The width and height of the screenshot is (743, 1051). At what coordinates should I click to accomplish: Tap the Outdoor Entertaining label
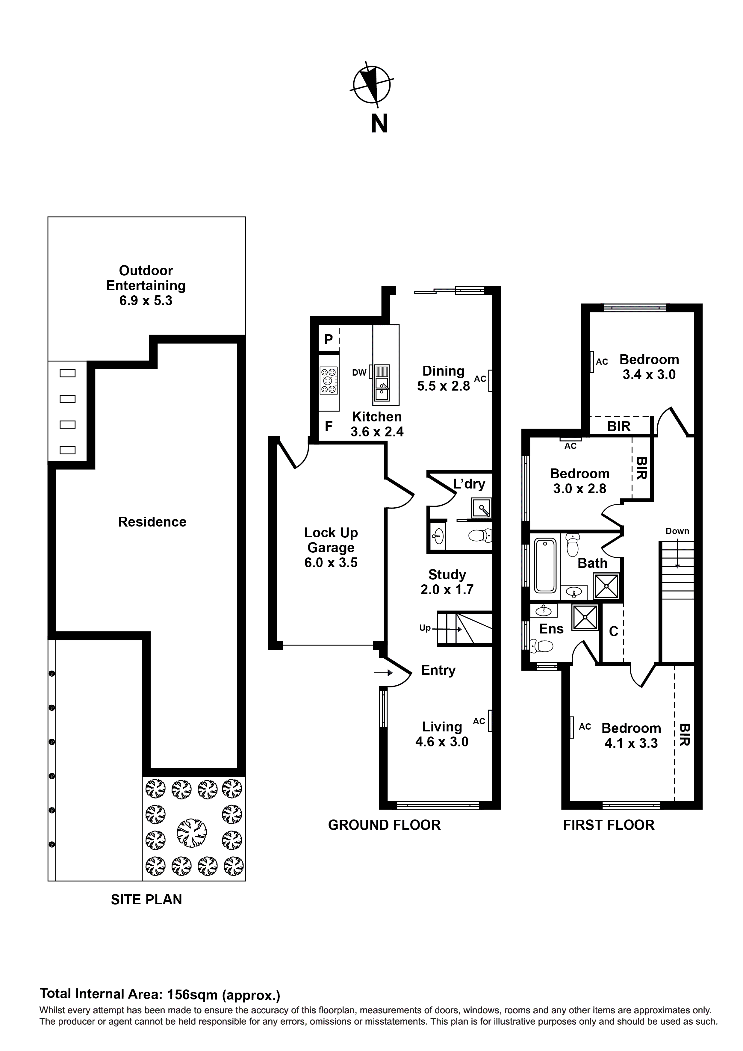146,285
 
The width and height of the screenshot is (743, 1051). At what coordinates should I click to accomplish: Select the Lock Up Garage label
331,548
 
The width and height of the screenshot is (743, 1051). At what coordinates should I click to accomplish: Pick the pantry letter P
328,339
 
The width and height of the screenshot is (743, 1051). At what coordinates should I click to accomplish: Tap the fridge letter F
328,427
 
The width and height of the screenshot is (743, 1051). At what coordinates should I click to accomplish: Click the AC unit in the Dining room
490,380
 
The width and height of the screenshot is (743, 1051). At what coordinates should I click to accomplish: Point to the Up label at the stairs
425,628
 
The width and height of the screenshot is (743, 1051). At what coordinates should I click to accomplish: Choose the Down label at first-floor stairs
677,531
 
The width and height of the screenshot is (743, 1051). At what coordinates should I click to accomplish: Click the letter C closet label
613,632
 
